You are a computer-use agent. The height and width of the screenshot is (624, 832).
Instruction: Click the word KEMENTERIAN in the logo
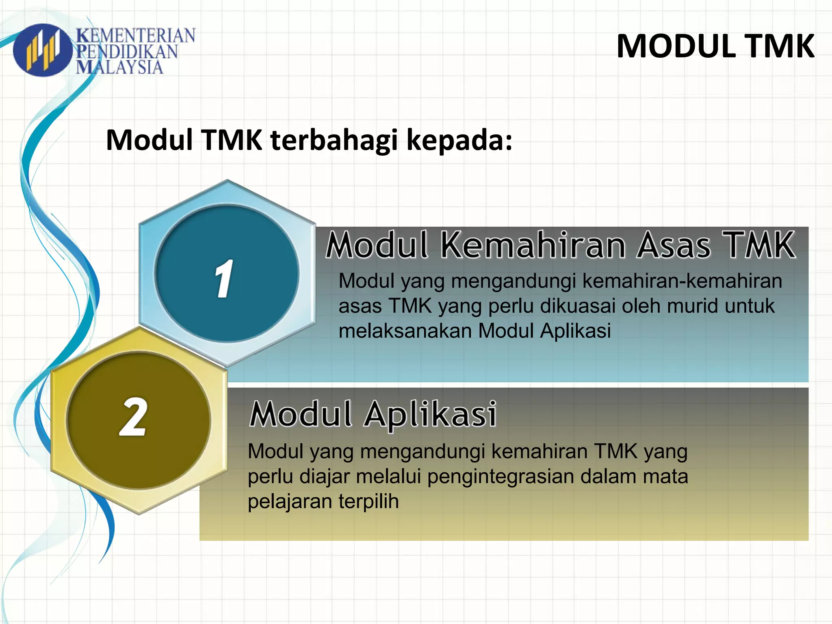[x=136, y=36]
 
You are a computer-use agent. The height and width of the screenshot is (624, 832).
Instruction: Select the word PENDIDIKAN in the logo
[x=127, y=52]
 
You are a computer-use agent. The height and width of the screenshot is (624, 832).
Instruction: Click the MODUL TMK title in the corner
[x=715, y=46]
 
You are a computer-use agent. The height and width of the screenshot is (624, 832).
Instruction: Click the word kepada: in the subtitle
[x=459, y=140]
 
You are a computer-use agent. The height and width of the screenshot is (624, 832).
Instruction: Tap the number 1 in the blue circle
[x=224, y=279]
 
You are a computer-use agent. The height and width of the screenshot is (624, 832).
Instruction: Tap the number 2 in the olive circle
[x=133, y=417]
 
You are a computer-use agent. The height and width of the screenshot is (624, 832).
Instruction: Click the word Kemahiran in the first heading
[x=533, y=245]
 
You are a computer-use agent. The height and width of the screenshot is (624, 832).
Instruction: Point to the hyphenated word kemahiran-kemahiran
[x=682, y=281]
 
